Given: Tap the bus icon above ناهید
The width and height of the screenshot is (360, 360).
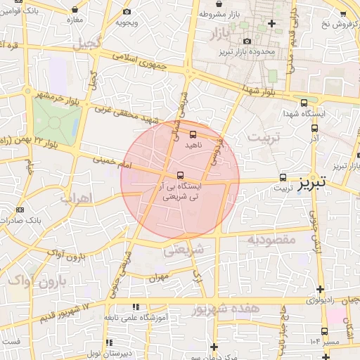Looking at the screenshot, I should pos(193,134).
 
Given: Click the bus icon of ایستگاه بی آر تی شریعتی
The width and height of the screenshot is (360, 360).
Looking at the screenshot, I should pos(181,174).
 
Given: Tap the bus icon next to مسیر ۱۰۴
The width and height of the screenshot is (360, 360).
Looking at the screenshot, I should pos(324,331).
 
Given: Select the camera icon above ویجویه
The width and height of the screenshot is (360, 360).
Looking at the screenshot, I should pos(127,11).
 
